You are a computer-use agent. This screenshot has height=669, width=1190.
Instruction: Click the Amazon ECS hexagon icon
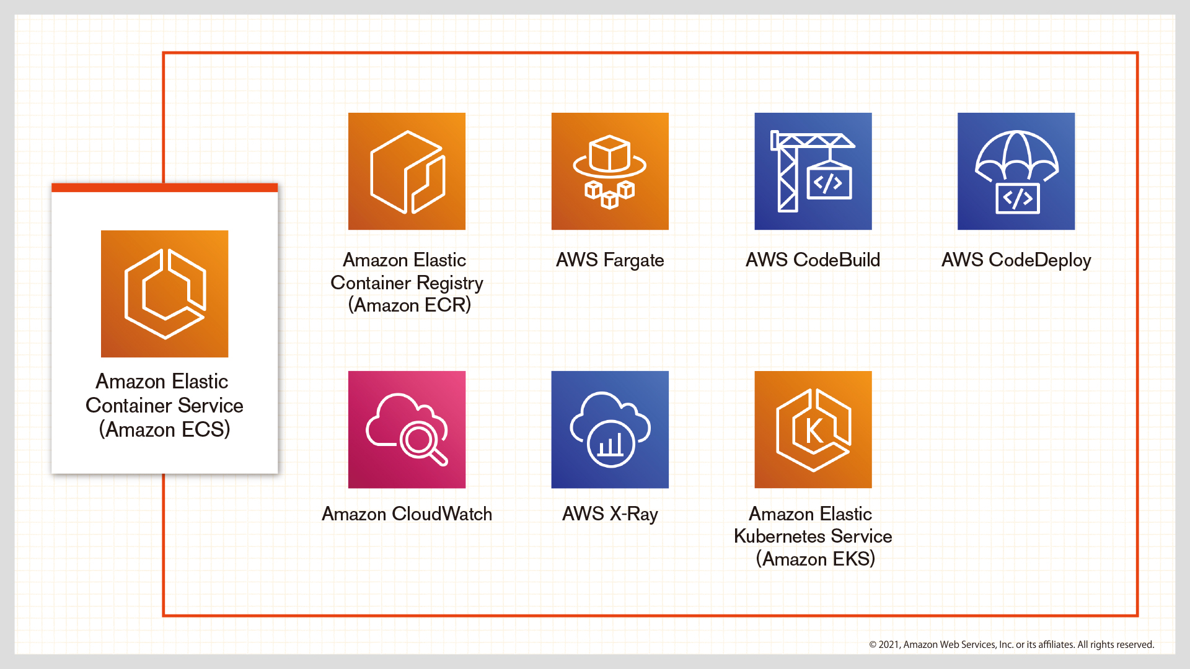coord(164,294)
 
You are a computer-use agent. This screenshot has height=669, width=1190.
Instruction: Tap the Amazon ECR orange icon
coord(407,171)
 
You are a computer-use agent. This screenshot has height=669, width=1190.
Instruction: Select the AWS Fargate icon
coord(610,171)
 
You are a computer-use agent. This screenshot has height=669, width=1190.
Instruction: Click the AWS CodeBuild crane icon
coord(813,171)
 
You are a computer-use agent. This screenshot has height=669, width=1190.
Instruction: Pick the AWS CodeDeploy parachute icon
coord(1016,171)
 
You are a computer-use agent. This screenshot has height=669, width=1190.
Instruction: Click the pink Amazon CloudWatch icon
coord(407,429)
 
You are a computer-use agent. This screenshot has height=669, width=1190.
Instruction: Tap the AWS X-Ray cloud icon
coord(610,429)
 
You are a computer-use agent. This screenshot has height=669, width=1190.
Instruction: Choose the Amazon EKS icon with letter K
coord(813,429)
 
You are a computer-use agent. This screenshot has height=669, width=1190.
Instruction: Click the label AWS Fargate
coord(610,260)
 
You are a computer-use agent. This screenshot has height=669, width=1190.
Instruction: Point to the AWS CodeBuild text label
coord(813,260)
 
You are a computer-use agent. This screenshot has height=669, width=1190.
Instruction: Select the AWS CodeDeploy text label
coord(1016,260)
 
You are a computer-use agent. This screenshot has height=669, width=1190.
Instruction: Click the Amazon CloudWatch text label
coord(407,514)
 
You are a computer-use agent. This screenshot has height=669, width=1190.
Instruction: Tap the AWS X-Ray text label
coord(610,514)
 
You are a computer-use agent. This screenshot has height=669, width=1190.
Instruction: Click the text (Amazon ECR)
coord(409,305)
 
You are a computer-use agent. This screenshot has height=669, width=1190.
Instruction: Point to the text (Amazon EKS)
coord(815,559)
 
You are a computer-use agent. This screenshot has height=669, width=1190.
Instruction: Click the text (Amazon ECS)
coord(164,430)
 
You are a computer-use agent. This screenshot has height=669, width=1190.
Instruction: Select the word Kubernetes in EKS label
coord(779,536)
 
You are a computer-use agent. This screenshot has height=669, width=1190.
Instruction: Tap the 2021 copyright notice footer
coord(1011,645)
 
